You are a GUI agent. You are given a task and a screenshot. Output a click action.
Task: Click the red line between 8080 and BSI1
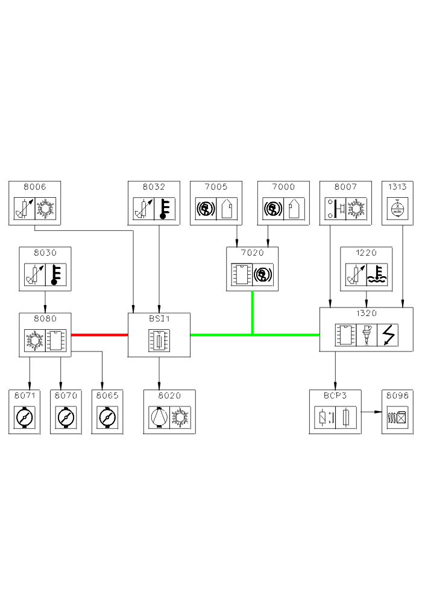(x=99, y=335)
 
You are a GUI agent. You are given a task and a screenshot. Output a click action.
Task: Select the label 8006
(x=35, y=187)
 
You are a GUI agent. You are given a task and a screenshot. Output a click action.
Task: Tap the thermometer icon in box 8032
(x=165, y=209)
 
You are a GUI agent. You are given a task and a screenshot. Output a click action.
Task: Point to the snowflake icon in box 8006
(x=45, y=209)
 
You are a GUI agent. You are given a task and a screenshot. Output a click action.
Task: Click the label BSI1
(x=159, y=319)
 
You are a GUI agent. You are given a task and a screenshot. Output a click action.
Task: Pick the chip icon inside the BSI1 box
(x=159, y=341)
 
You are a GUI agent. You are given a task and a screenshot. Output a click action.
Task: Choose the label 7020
(x=253, y=253)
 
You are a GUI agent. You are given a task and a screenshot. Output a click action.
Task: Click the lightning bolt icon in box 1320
(x=387, y=335)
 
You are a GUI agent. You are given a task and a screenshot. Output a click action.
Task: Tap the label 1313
(x=398, y=187)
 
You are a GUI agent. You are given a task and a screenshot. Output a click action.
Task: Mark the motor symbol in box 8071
(x=24, y=417)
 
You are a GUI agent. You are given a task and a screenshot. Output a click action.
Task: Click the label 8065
(x=107, y=396)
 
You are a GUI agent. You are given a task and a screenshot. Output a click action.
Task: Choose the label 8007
(x=346, y=187)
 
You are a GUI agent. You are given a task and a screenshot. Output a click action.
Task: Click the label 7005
(x=216, y=187)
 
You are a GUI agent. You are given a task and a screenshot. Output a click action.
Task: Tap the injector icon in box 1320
(x=366, y=335)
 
